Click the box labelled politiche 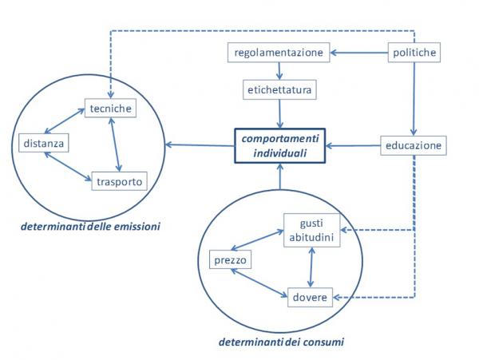pyautogui.click(x=414, y=53)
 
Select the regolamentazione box pyautogui.click(x=279, y=53)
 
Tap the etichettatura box pyautogui.click(x=279, y=89)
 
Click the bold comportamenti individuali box pyautogui.click(x=280, y=146)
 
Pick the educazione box pyautogui.click(x=414, y=145)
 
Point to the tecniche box pyautogui.click(x=110, y=108)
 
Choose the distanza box pyautogui.click(x=44, y=143)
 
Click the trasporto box pyautogui.click(x=120, y=181)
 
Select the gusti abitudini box pyautogui.click(x=311, y=230)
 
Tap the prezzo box pyautogui.click(x=231, y=259)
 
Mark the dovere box pyautogui.click(x=310, y=297)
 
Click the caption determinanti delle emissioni pyautogui.click(x=90, y=227)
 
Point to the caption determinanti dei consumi pyautogui.click(x=281, y=342)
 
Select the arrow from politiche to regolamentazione pyautogui.click(x=359, y=53)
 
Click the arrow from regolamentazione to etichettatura pyautogui.click(x=279, y=71)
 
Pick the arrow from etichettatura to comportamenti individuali pyautogui.click(x=280, y=114)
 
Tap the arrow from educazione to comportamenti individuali pyautogui.click(x=353, y=145)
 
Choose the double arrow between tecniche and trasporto pyautogui.click(x=115, y=144)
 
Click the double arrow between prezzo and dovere pyautogui.click(x=259, y=283)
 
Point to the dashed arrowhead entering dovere pyautogui.click(x=337, y=297)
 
